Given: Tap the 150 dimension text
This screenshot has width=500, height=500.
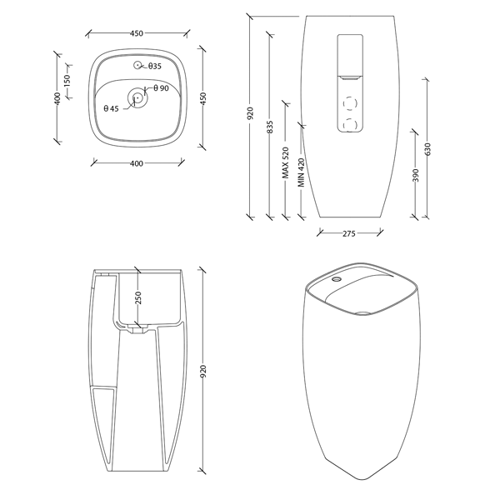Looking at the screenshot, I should [x=67, y=83].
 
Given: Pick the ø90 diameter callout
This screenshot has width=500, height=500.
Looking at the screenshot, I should [x=162, y=88].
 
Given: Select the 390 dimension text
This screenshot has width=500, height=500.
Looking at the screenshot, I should [x=416, y=177].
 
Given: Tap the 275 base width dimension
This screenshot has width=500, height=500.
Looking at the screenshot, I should [x=349, y=234].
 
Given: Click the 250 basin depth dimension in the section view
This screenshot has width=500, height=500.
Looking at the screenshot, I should [x=138, y=297].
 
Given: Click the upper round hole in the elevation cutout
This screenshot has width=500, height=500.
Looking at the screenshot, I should [x=348, y=102].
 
